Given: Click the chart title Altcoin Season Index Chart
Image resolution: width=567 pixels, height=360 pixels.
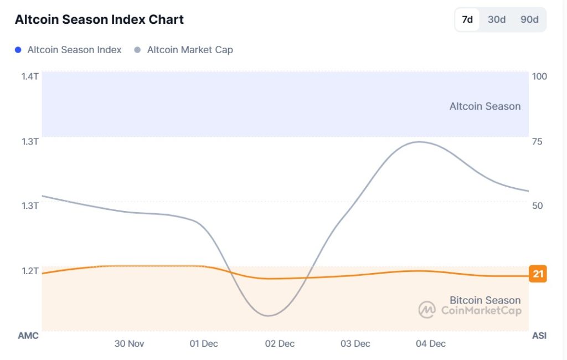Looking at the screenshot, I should pos(99,19).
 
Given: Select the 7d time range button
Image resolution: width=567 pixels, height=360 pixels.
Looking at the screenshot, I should pos(467,19).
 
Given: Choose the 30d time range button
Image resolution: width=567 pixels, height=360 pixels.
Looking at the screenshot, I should pos(496,19).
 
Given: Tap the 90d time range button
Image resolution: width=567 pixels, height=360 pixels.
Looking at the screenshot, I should pos(529,19).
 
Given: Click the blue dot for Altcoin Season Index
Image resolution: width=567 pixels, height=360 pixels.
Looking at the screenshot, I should pos(18,50).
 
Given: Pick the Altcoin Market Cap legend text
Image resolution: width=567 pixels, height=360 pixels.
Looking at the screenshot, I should pos(189,50).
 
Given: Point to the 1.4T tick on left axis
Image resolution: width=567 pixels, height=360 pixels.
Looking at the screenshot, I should pos(29,76).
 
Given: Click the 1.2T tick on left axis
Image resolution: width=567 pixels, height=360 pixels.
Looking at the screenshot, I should pos(29,271).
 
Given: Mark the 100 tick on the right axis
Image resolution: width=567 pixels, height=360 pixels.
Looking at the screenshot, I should pos(539,76).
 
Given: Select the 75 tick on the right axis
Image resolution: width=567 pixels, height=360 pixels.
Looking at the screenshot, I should pos(537,141).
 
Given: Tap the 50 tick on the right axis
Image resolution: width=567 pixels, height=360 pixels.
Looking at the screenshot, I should pos(537,205).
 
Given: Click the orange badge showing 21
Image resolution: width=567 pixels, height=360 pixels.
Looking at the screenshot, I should pos(538,274).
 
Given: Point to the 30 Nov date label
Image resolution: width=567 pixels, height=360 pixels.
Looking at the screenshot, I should pos(129,343).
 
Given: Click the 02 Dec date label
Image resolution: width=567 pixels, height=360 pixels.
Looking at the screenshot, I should pos(280,343).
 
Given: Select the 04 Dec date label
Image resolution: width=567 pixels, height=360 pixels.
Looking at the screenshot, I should pos(430,343).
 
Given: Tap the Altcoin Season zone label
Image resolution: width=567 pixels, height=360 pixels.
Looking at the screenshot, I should pos(484,106).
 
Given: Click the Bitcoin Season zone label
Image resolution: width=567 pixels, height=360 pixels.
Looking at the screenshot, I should pos(484,300).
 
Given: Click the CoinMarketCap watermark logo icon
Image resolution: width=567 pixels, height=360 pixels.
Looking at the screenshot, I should pos(427,310).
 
